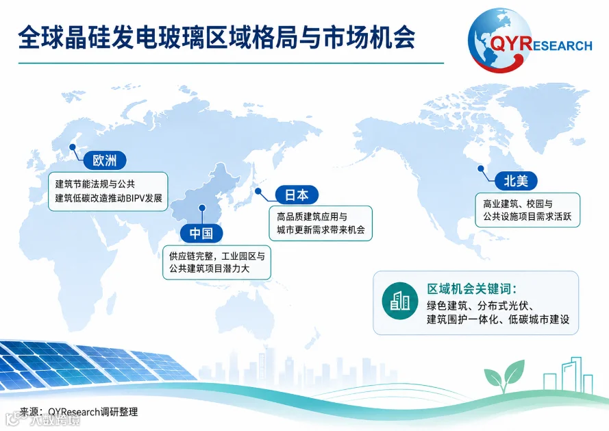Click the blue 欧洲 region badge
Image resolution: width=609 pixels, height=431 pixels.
(x=104, y=160)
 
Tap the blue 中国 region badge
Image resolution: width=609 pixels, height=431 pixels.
(x=201, y=233)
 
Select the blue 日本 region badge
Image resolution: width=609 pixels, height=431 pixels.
(x=297, y=195)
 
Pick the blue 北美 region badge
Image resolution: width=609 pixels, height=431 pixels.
(x=516, y=181)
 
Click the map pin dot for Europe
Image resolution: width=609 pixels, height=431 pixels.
(x=73, y=147)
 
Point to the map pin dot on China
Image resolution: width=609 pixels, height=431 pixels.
(x=202, y=208)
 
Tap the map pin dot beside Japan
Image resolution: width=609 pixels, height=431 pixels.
(x=258, y=190)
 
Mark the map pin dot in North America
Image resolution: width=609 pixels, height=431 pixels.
(x=481, y=169)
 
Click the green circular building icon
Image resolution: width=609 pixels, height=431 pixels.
(x=399, y=301)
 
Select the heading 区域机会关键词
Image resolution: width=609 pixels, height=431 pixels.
(x=472, y=289)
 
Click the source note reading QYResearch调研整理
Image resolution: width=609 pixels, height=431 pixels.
(x=93, y=412)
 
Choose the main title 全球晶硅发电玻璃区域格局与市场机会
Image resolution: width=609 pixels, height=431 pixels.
(x=216, y=38)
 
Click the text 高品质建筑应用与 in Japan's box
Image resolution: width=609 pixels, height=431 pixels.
(x=312, y=217)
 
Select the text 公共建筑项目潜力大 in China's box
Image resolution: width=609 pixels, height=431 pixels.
(x=210, y=269)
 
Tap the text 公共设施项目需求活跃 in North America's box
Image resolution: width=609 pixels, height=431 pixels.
(x=527, y=217)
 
